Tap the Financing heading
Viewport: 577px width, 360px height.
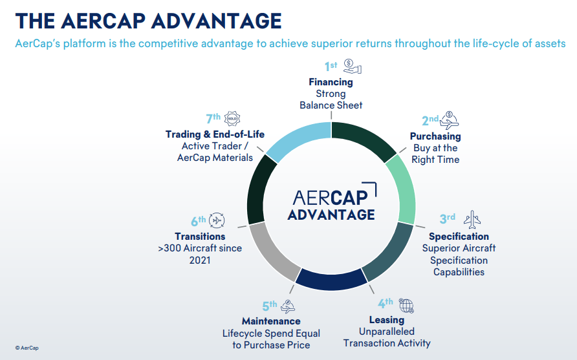click(x=331, y=82)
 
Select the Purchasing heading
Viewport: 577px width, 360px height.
click(x=435, y=136)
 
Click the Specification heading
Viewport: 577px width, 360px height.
click(x=459, y=237)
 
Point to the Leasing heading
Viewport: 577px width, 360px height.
click(x=386, y=320)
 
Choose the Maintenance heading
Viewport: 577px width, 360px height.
click(x=271, y=321)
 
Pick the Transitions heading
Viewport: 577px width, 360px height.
click(x=200, y=237)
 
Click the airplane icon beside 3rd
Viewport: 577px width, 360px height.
click(x=472, y=218)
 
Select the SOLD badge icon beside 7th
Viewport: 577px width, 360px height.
click(x=232, y=119)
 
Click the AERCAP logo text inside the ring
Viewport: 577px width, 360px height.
click(x=334, y=196)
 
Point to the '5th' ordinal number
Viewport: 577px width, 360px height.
click(x=269, y=305)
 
